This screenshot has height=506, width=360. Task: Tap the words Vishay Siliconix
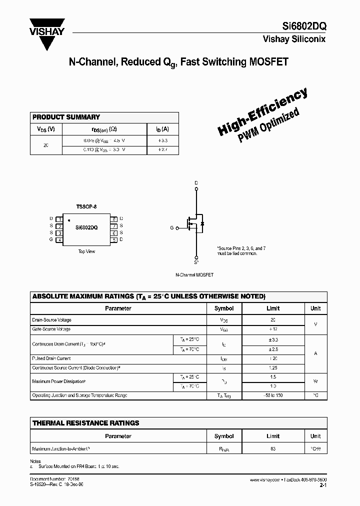click(x=294, y=39)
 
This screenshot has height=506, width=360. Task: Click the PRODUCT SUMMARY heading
click(x=66, y=117)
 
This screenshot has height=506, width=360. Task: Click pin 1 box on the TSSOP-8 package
click(x=59, y=219)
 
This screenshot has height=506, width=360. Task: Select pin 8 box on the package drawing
click(x=114, y=219)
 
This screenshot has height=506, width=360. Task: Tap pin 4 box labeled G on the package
click(x=59, y=240)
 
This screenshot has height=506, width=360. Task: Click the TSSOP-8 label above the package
click(x=86, y=206)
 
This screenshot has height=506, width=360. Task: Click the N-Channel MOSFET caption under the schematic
click(x=194, y=275)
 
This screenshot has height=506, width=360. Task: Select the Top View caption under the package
click(x=86, y=251)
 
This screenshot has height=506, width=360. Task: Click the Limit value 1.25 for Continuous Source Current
click(x=273, y=367)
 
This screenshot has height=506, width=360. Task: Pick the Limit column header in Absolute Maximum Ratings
click(x=273, y=308)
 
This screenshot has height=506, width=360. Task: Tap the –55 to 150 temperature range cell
click(x=273, y=395)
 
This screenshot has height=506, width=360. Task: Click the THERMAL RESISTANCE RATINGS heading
click(x=85, y=423)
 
